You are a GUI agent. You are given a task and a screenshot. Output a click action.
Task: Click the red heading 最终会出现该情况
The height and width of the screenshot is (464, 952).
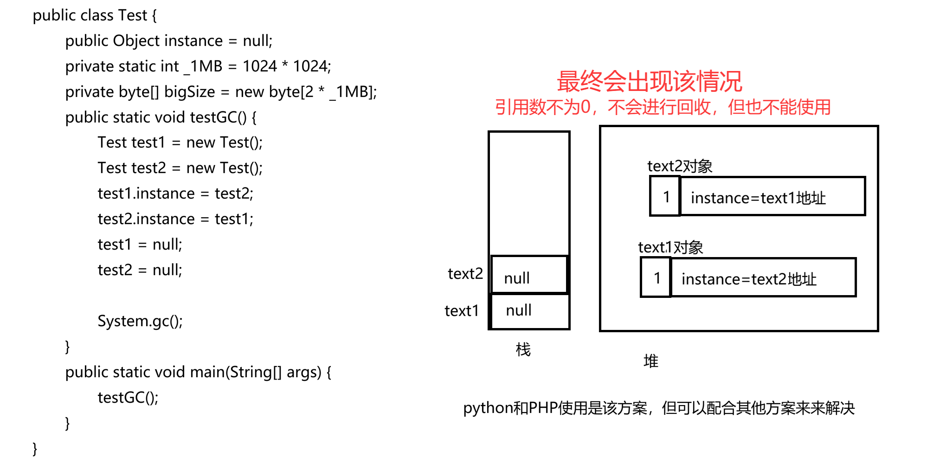point(649,82)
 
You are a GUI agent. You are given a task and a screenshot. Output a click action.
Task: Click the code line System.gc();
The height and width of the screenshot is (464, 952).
point(140,321)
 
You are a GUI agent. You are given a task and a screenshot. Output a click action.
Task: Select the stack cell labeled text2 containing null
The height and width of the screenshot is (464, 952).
point(529,275)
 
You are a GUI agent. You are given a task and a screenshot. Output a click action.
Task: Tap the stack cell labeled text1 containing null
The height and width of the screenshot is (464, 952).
point(529,311)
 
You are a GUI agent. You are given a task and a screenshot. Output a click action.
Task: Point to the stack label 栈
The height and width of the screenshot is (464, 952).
point(523,349)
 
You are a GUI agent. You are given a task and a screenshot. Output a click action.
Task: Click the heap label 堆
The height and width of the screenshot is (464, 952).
point(650,361)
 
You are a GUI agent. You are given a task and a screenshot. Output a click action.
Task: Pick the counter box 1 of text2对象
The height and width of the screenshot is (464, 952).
point(665,197)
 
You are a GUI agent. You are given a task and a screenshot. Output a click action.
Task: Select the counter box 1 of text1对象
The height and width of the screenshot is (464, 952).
point(656,278)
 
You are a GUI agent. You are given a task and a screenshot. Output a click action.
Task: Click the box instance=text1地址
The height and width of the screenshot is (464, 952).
point(772,197)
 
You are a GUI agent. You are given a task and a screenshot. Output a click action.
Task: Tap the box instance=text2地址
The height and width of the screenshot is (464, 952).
point(763,278)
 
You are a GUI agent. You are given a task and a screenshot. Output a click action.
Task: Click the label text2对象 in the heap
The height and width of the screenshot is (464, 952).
point(680,166)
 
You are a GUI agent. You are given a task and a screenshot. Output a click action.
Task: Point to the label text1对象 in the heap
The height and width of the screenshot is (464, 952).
point(670,247)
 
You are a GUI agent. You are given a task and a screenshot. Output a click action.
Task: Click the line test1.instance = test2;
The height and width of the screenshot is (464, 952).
point(175,193)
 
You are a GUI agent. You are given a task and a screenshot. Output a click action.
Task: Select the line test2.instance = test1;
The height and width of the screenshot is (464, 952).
point(175,219)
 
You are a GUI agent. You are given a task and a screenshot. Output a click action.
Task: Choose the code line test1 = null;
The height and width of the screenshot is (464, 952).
point(140,245)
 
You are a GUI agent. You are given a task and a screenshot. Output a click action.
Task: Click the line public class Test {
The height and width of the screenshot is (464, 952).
point(95,16)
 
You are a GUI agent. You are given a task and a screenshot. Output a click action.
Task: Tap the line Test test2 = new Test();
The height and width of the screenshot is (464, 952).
point(180,168)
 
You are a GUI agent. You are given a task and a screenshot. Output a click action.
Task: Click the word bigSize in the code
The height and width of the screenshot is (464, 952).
point(189,92)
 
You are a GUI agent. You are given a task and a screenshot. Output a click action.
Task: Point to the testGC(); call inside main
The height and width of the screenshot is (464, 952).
point(128,398)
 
